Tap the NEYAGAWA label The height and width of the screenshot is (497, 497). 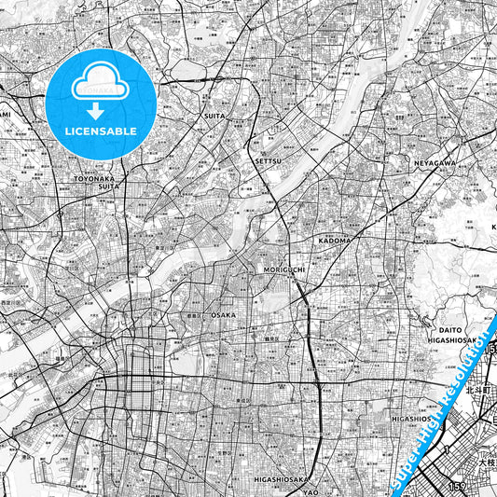tap(435, 162)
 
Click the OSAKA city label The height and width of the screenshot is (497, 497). tap(224, 315)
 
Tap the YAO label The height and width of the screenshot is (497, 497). tap(311, 491)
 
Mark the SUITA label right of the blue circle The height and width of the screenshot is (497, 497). tap(214, 117)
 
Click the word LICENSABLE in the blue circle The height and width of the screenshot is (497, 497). tap(101, 131)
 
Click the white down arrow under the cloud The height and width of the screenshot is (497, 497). tap(101, 105)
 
